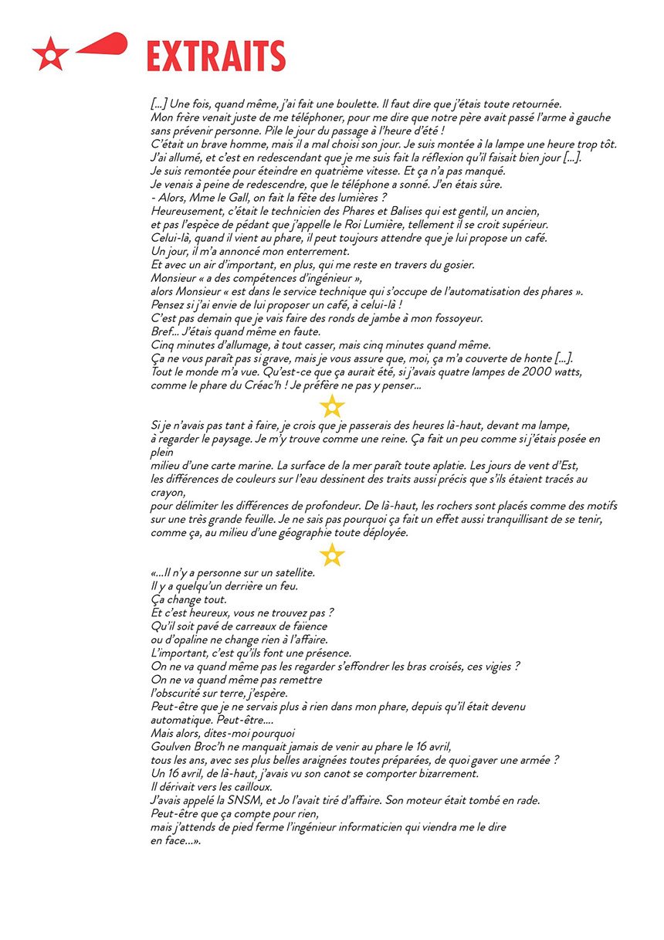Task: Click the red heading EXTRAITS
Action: [215, 56]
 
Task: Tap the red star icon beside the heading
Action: [50, 54]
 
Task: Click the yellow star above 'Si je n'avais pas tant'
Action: [332, 406]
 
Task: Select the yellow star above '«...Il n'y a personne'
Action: [332, 555]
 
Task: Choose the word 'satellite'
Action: [290, 572]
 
